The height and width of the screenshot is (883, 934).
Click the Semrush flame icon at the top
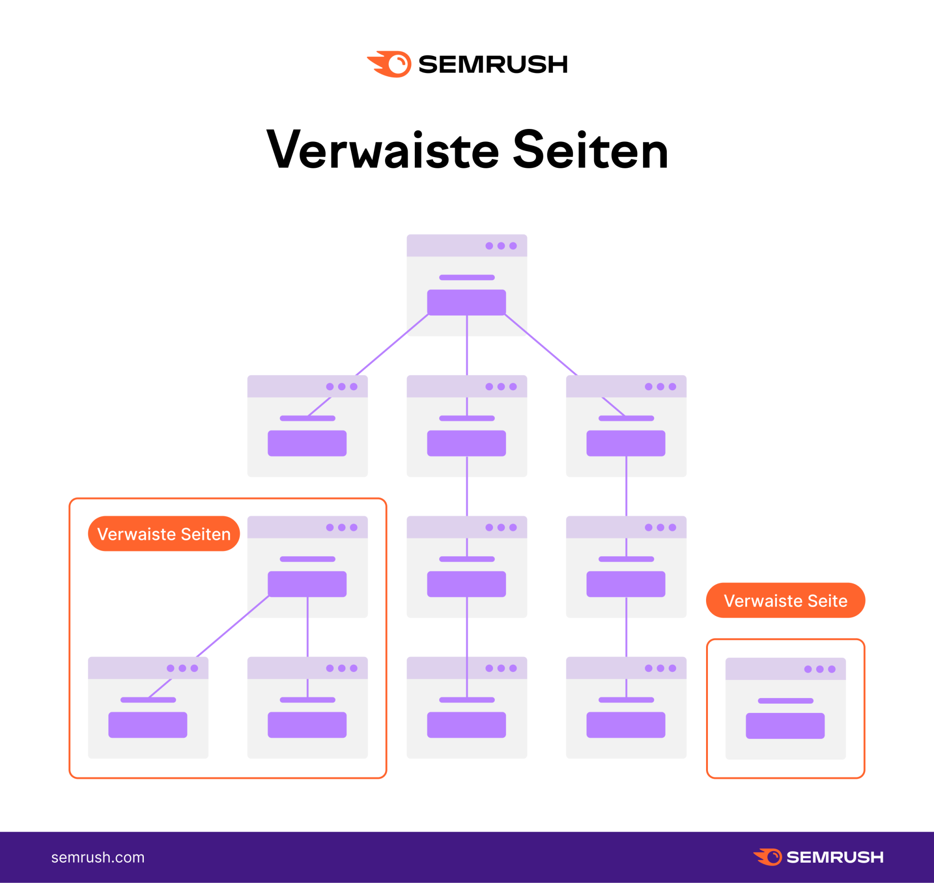(x=390, y=64)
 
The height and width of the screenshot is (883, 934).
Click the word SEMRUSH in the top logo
(x=493, y=64)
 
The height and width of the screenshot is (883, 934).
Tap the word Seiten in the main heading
(x=590, y=150)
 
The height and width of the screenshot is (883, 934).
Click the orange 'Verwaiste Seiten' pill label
(x=164, y=534)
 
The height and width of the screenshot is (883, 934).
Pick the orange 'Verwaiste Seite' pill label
(x=785, y=601)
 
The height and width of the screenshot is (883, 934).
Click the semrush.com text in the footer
(x=98, y=857)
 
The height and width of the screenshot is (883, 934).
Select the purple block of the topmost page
(x=467, y=302)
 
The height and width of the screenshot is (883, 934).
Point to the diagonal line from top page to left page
(x=392, y=344)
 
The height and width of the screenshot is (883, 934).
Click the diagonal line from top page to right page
(x=541, y=344)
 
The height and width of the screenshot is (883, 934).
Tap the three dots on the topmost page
(x=501, y=245)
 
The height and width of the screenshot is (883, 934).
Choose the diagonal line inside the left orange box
(x=233, y=627)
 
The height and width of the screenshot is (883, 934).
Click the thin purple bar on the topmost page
(x=467, y=277)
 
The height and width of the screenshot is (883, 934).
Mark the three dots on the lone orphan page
(x=820, y=669)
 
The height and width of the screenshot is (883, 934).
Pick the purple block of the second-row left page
(x=307, y=443)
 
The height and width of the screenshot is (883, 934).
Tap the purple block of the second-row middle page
(x=467, y=443)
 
